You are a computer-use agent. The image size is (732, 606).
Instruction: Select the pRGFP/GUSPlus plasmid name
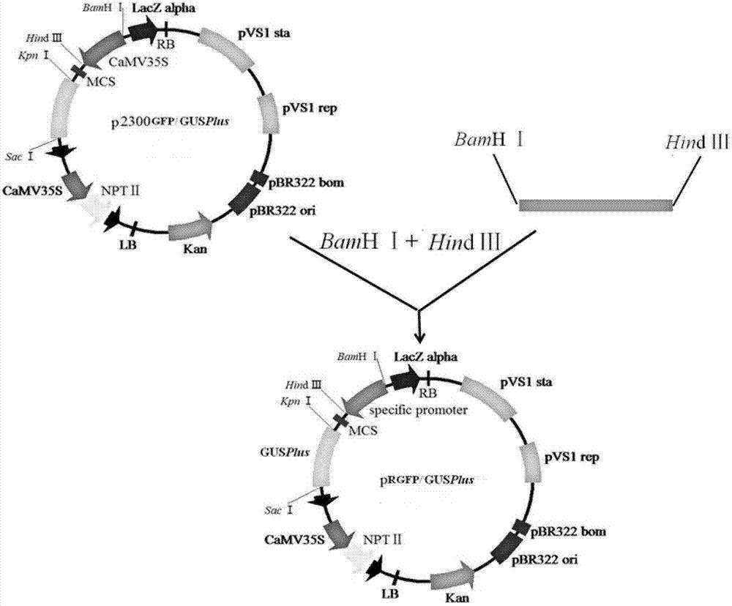click(427, 479)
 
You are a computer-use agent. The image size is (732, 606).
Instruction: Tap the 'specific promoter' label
click(418, 411)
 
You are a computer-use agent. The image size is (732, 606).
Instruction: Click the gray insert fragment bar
click(595, 204)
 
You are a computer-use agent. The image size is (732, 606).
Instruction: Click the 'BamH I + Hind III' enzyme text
click(410, 242)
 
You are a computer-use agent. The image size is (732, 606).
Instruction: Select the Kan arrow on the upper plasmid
click(191, 227)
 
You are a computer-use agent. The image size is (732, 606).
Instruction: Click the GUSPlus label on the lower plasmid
click(285, 452)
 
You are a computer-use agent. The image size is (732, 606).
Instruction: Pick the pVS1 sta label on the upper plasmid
click(261, 33)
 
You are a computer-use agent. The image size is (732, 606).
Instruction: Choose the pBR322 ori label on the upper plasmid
click(283, 211)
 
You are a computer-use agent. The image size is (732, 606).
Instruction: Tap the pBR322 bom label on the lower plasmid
click(568, 531)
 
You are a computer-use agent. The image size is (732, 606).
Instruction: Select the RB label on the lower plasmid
click(427, 393)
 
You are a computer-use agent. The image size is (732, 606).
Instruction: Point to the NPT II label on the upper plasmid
click(120, 190)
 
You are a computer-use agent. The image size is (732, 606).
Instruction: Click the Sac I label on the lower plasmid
click(279, 510)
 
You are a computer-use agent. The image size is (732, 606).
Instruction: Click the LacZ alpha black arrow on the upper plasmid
click(143, 31)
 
